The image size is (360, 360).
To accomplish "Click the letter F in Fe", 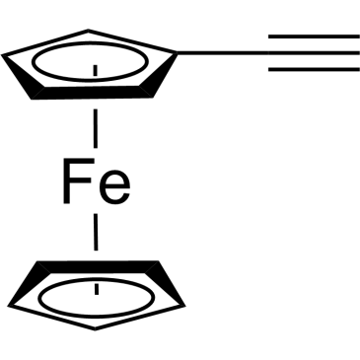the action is click(77, 180).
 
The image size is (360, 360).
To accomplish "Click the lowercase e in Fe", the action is click(114, 187).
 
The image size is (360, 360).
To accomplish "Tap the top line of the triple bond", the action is click(314, 36).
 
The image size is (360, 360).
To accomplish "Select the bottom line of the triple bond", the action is click(314, 69).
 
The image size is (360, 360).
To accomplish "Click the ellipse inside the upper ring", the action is click(90, 80).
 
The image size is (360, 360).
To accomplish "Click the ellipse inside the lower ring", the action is click(97, 278).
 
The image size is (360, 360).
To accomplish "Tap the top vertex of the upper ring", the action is click(88, 31).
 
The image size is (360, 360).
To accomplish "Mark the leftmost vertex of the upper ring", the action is click(3, 55).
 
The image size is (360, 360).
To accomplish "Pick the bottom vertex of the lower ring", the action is click(95, 329).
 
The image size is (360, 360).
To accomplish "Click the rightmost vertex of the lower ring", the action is click(184, 306).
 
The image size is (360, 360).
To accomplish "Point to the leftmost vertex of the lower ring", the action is click(9, 306).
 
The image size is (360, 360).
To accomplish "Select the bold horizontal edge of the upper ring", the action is click(92, 93).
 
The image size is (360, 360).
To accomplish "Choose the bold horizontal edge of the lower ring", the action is click(98, 267).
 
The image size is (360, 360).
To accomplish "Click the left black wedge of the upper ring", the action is click(24, 76).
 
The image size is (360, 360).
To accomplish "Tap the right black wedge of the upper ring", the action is click(159, 75).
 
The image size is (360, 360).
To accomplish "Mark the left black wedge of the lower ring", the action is click(30, 283).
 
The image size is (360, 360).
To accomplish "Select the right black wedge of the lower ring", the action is click(165, 283).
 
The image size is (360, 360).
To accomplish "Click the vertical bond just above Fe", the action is click(96, 128).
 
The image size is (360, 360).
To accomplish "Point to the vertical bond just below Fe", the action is click(96, 232).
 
